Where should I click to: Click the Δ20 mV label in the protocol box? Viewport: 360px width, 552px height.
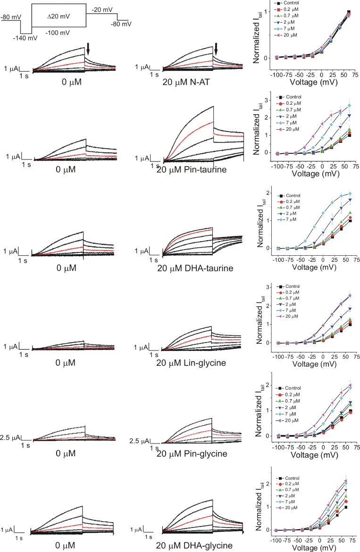point(59,17)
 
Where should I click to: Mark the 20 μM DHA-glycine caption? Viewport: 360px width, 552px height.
point(194,545)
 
